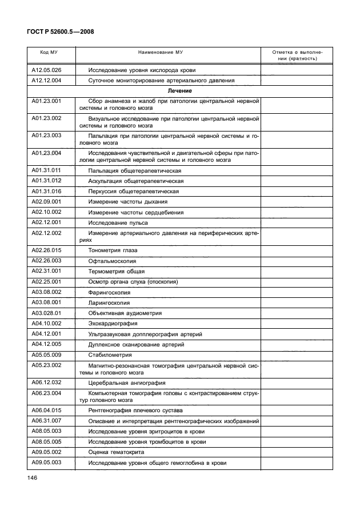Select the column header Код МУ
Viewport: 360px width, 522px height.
(x=49, y=52)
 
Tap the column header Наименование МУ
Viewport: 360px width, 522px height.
(x=168, y=52)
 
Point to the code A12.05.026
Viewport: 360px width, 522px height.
(x=46, y=70)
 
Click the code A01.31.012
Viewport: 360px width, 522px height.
(x=46, y=181)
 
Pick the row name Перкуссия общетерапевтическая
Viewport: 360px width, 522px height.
(x=134, y=191)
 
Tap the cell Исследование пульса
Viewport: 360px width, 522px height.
(x=118, y=221)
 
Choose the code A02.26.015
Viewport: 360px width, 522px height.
(x=46, y=250)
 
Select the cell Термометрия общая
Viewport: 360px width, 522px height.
(x=117, y=271)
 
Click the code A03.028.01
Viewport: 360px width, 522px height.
(x=46, y=313)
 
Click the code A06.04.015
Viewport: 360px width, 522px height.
(x=46, y=411)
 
